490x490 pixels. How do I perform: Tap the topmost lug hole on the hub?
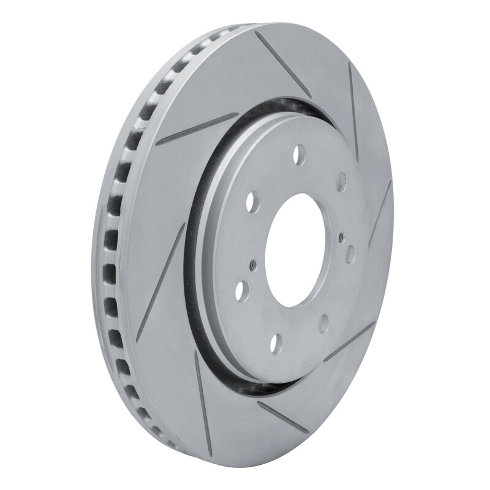tap(299, 153)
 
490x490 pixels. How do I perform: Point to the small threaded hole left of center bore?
tap(251, 264)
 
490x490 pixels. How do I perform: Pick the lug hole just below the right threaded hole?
tap(350, 253)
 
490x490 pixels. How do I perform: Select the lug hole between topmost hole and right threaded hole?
tap(341, 181)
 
